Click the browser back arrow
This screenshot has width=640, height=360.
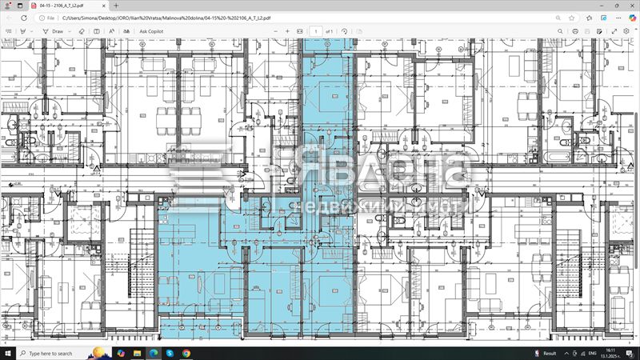pos(8,17)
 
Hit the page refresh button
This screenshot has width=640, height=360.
pos(24,17)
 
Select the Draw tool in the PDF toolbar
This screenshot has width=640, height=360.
pos(54,31)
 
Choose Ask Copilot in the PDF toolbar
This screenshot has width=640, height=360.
pos(151,31)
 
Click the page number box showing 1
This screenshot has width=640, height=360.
pos(317,31)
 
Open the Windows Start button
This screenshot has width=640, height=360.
pos(8,353)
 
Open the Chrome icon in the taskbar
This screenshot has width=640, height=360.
pos(186,353)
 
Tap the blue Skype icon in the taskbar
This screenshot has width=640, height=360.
pos(170,353)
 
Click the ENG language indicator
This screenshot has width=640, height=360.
pos(592,353)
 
